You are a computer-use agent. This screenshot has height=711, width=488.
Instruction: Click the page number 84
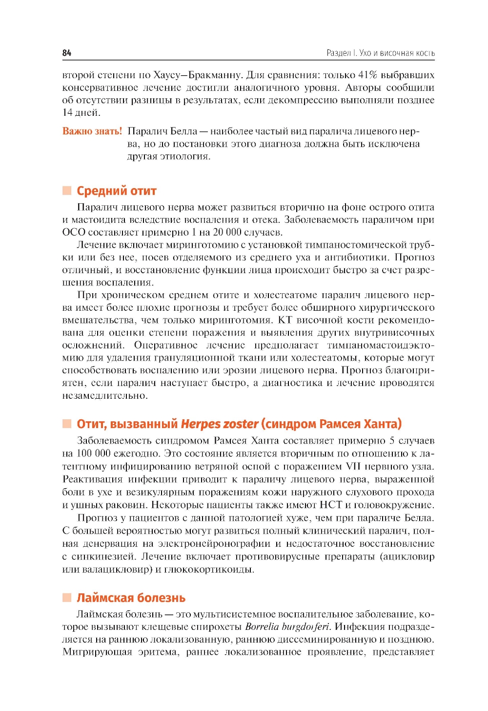click(67, 53)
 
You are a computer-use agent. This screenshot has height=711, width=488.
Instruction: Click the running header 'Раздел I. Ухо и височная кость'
click(380, 53)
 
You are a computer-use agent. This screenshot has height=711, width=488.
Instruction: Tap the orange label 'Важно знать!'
click(92, 131)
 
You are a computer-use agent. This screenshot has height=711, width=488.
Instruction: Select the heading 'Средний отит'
click(116, 191)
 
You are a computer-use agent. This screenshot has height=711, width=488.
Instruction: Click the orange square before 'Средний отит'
click(67, 191)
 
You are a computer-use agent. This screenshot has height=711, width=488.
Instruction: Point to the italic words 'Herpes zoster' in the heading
click(219, 424)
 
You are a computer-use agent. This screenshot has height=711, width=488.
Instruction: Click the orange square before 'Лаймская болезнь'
click(67, 597)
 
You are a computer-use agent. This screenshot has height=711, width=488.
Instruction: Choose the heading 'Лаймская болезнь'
click(131, 598)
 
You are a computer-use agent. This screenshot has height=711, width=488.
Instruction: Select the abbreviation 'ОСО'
click(74, 232)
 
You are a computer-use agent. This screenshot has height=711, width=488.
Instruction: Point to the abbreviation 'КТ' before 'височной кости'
click(285, 320)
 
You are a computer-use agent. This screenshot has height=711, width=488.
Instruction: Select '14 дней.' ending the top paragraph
click(81, 113)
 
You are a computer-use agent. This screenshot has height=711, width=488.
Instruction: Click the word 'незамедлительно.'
click(104, 395)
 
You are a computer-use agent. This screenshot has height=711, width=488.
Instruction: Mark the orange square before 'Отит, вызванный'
click(67, 424)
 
